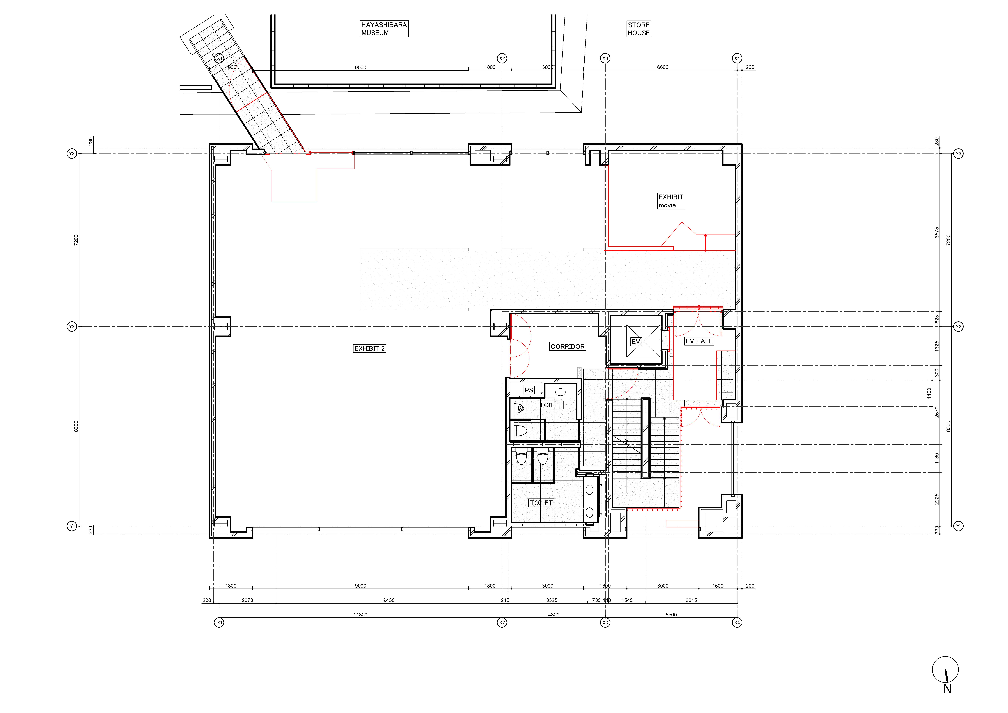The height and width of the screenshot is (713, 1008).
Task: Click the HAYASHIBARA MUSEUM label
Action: (384, 29)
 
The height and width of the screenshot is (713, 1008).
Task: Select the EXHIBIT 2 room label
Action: (370, 348)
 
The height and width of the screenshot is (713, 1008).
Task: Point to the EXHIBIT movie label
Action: (671, 201)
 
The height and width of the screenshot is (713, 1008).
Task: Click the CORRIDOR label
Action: (568, 347)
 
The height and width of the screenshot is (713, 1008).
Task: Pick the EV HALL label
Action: (699, 341)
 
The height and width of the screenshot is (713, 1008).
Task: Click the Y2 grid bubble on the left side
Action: (72, 326)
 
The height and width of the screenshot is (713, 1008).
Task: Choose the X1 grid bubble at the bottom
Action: (219, 623)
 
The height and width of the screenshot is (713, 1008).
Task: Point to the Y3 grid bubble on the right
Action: (958, 154)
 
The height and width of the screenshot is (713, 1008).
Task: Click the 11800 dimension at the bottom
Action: (360, 615)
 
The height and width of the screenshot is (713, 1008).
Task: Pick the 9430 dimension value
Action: (389, 600)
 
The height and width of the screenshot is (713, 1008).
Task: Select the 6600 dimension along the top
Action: (662, 67)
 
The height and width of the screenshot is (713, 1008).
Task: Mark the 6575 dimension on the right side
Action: (937, 232)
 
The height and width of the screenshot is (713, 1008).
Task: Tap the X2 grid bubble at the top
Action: (502, 58)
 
